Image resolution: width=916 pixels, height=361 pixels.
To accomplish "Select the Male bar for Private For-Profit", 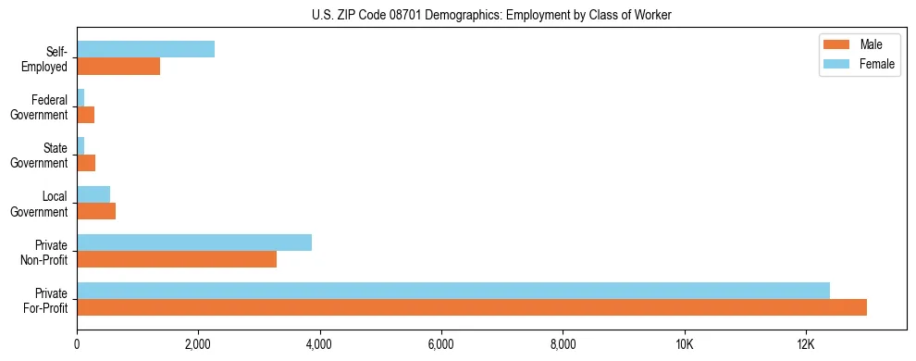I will (472, 307).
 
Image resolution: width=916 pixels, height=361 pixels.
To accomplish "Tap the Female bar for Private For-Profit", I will (453, 291).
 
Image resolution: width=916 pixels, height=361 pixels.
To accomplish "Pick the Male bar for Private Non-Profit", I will (177, 259).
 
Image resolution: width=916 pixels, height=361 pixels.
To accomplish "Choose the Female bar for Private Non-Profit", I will (194, 243).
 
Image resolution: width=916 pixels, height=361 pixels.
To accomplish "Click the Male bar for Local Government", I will (96, 211).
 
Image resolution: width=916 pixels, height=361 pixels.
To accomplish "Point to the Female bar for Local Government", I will (93, 194).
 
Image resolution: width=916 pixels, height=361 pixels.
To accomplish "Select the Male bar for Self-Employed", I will (118, 66).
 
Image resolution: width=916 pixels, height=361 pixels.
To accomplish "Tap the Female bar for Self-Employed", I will (146, 49).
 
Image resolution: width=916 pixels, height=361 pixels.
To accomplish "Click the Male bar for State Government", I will (86, 163).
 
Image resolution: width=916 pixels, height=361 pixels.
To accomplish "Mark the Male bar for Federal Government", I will (86, 115).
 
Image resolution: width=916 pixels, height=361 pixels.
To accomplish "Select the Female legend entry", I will (860, 64).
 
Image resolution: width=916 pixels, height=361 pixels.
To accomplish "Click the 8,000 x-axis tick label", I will (563, 344).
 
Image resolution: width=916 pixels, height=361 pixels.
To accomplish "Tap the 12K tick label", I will (806, 344).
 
